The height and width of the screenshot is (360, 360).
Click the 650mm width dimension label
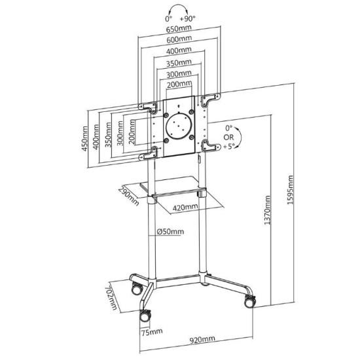click(x=179, y=29)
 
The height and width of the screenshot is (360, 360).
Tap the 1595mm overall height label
click(x=290, y=190)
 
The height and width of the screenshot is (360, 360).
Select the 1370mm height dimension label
click(x=267, y=210)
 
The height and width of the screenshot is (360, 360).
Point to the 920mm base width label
click(x=202, y=339)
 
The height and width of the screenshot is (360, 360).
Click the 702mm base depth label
click(x=111, y=298)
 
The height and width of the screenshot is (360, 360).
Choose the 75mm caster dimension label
click(x=152, y=332)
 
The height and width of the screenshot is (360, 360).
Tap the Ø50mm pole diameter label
click(x=170, y=232)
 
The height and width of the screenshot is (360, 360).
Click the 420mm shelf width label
click(x=185, y=207)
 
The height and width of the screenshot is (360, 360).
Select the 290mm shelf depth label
click(x=128, y=196)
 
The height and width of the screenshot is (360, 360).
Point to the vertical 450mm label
click(x=84, y=139)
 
